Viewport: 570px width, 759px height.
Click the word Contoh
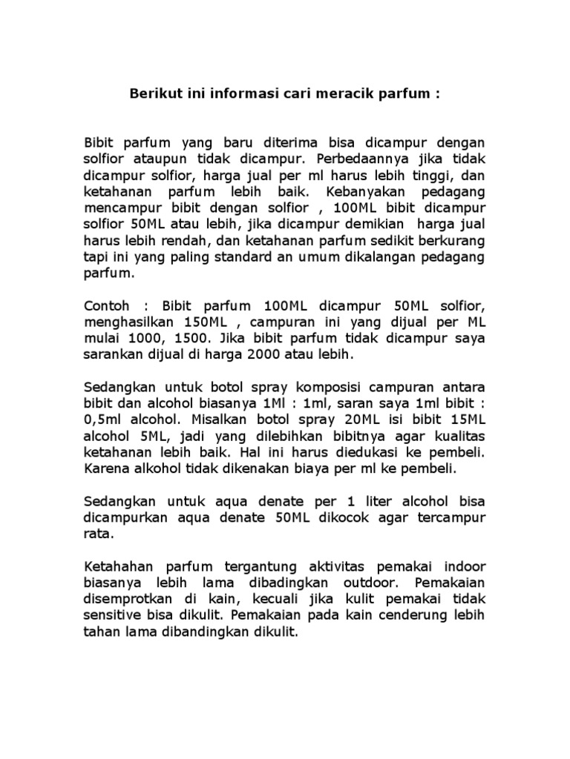tap(106, 306)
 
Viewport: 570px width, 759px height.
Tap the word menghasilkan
tap(128, 323)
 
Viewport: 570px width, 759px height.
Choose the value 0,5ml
tap(105, 420)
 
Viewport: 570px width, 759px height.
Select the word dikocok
tap(326, 517)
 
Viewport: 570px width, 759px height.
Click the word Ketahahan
tap(119, 566)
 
